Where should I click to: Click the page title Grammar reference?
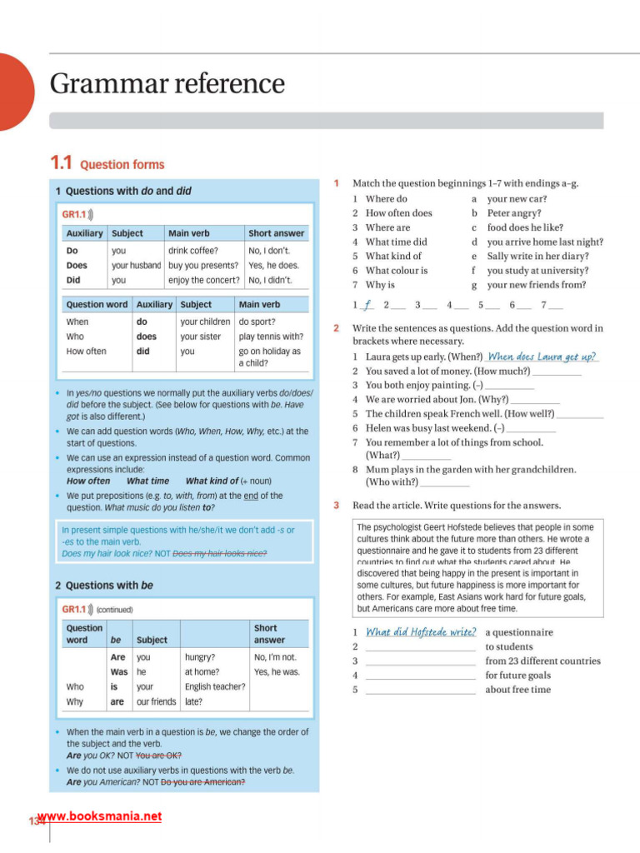tap(167, 84)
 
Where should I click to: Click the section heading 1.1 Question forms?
tap(107, 164)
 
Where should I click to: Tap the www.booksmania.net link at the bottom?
tap(99, 816)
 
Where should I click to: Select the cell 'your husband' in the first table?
tap(136, 265)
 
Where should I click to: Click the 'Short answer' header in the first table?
tap(276, 233)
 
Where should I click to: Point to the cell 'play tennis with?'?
tap(271, 337)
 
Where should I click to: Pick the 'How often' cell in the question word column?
tap(86, 352)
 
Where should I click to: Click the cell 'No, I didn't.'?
tap(272, 280)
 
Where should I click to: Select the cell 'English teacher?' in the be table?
tap(215, 686)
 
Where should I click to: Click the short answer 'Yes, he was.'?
tap(276, 671)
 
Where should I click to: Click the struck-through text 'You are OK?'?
tap(158, 756)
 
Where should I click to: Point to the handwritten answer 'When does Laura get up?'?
tap(542, 357)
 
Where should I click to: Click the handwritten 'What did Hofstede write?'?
tap(421, 632)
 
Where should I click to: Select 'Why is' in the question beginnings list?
tap(380, 285)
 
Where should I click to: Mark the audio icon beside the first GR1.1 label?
tap(89, 214)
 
